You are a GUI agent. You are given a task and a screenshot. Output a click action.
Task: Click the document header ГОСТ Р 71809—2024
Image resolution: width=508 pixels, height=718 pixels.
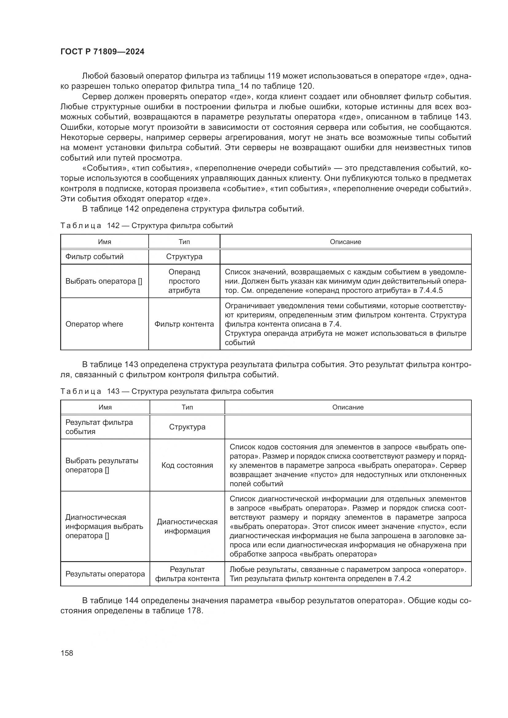pos(102,52)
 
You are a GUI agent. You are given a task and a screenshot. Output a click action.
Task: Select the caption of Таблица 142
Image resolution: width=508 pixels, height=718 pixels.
pos(147,226)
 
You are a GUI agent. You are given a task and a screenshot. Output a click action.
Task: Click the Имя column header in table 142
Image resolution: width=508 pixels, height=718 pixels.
pos(104,242)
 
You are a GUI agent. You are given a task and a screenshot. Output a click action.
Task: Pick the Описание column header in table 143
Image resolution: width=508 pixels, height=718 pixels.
pos(348,407)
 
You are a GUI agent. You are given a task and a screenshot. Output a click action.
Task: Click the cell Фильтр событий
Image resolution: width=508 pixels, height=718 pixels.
pos(95,257)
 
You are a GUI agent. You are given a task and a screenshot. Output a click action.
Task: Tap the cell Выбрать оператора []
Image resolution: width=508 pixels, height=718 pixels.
pos(104,281)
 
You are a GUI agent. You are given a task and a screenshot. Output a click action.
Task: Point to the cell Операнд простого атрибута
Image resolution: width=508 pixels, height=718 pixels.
pos(184,281)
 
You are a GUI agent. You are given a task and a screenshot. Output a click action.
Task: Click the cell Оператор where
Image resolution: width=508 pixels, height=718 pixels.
pos(94,324)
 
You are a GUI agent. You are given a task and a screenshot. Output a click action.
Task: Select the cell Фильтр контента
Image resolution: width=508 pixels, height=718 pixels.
pos(184,324)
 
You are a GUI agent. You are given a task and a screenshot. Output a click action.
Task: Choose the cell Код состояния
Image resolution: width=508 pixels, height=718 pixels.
pos(187,465)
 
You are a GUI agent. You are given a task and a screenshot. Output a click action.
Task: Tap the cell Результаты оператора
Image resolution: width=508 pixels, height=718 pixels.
pos(105,574)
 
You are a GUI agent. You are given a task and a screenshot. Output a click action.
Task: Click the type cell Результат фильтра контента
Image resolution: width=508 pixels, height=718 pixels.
pos(187,574)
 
